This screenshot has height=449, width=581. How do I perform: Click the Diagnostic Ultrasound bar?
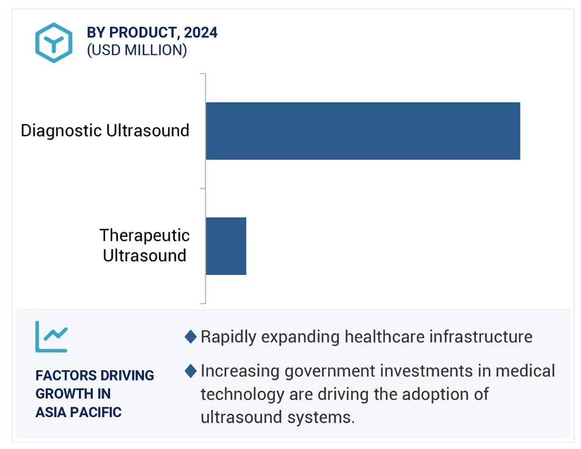coord(363,131)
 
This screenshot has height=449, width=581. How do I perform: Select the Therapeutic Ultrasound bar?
coord(226,246)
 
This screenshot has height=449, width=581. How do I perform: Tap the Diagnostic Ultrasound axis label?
coord(105,131)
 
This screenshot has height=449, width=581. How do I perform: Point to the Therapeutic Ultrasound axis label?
coord(145,245)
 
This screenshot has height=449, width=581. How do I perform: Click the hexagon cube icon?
coord(54,43)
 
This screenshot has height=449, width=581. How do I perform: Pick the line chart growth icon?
coord(51,337)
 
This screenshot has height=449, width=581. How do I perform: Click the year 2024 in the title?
coord(200,32)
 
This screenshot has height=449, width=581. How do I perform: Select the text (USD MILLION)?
coord(137,50)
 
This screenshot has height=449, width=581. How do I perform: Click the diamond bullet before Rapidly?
coord(191,337)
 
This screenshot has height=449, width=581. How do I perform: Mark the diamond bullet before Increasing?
coord(191,371)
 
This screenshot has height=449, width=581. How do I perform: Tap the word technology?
coord(243,395)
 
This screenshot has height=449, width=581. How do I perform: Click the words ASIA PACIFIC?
coord(79,412)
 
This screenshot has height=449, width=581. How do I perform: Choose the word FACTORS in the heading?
coord(65,375)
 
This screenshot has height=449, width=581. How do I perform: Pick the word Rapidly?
coord(228,337)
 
